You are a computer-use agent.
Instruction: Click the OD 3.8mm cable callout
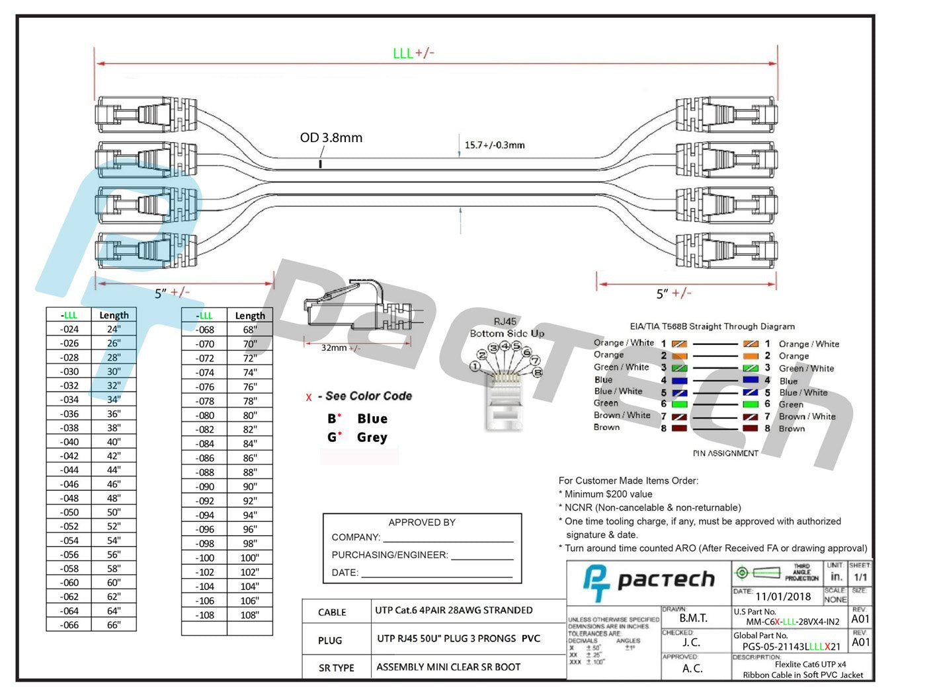(331, 138)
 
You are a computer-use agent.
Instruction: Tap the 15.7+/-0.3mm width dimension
(494, 145)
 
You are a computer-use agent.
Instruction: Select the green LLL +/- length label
(413, 54)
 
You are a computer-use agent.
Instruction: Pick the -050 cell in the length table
(69, 513)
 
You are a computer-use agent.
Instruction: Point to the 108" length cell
(249, 615)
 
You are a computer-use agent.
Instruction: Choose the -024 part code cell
(69, 330)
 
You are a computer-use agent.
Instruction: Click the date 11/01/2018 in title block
(783, 597)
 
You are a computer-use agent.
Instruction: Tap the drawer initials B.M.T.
(693, 618)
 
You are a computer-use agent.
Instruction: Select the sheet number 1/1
(860, 577)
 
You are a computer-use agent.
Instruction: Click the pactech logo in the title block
(649, 581)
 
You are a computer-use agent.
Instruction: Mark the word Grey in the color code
(372, 437)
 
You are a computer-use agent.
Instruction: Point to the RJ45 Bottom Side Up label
(507, 328)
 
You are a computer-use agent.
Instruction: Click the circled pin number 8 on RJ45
(538, 373)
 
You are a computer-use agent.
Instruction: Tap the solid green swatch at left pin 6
(679, 404)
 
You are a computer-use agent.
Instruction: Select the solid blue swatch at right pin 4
(750, 381)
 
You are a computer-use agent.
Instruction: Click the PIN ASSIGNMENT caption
(725, 454)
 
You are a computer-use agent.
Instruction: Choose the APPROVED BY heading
(422, 523)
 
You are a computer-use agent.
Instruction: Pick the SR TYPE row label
(336, 668)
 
